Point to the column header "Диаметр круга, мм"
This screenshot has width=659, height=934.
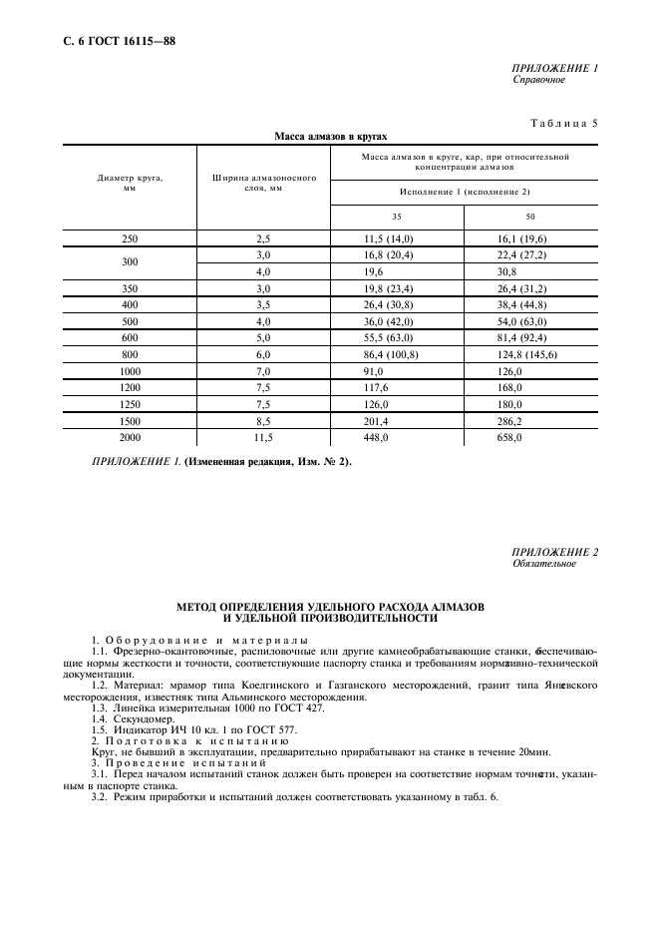(130, 183)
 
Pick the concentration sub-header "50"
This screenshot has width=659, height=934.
(530, 216)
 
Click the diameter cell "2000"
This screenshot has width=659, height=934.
(130, 437)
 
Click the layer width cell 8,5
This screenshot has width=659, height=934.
(263, 422)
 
